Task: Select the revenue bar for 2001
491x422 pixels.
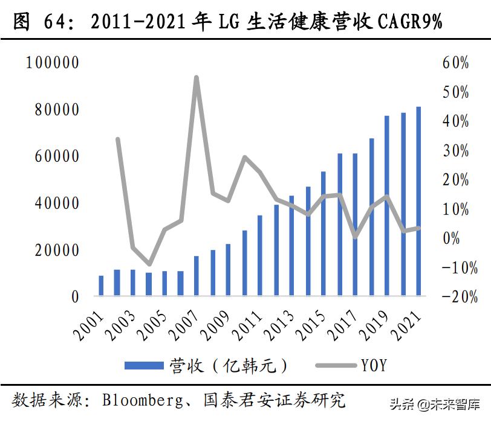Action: tap(101, 286)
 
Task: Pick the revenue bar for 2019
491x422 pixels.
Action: tap(386, 206)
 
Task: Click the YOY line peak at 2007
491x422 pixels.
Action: tap(196, 77)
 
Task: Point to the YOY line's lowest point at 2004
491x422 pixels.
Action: tap(149, 264)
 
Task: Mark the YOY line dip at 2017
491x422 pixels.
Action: tap(355, 237)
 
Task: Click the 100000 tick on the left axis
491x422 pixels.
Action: tap(53, 62)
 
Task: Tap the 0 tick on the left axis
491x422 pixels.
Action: tap(74, 296)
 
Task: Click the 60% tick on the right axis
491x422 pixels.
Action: tap(455, 63)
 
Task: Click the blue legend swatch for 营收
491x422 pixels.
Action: tap(144, 365)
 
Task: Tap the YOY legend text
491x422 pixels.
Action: tap(374, 365)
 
